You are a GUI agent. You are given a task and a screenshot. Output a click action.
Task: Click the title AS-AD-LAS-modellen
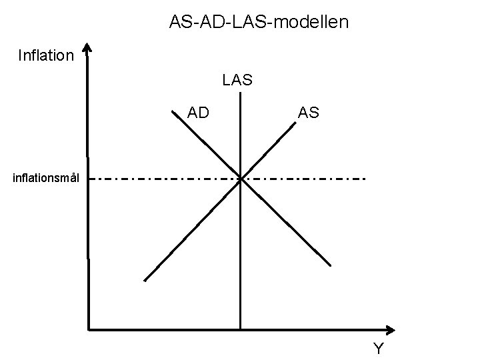pos(259,23)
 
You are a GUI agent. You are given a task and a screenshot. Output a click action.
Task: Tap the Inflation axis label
pos(45,55)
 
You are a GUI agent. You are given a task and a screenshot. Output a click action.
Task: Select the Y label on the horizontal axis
pos(379,348)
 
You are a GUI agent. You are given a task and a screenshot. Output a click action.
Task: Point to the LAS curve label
pos(237,81)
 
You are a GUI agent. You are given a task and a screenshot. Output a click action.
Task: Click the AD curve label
pos(198,113)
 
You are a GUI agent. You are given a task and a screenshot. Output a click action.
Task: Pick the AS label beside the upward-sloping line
pos(309,113)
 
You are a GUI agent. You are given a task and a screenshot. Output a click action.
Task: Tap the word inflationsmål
pos(46,178)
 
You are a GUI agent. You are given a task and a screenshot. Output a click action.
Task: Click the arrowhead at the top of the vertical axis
pos(88,49)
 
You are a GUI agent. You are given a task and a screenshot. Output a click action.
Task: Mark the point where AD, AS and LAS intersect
pos(240,179)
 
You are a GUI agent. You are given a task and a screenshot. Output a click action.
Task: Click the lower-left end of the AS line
pos(145,281)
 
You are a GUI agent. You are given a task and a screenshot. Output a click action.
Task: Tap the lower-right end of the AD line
pos(332,265)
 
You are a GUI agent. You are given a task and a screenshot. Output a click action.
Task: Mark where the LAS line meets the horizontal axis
pos(240,329)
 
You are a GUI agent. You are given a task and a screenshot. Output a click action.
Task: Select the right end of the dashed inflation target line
pos(365,179)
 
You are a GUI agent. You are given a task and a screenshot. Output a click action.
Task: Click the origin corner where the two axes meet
pos(88,329)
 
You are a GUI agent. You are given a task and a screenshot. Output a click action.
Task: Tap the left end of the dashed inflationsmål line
pos(91,179)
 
